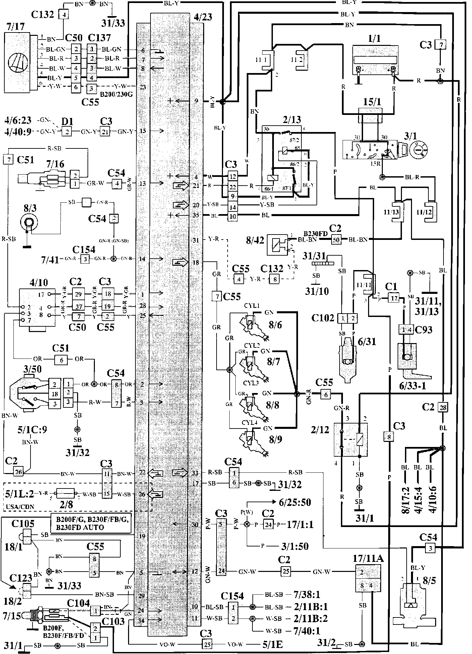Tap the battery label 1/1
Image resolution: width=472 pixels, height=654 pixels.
pos(374,39)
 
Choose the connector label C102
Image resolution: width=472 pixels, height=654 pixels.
pos(323,317)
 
